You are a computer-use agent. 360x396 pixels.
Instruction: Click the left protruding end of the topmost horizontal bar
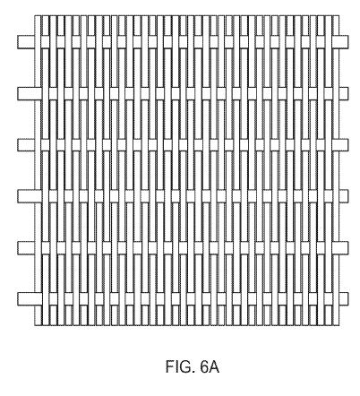pyautogui.click(x=18, y=42)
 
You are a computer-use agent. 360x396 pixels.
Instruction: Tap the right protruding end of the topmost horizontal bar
pyautogui.click(x=347, y=42)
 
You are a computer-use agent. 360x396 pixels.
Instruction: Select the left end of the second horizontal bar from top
pyautogui.click(x=18, y=93)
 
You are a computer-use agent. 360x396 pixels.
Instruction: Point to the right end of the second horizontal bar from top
pyautogui.click(x=347, y=93)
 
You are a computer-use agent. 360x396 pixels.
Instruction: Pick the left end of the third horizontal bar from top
pyautogui.click(x=18, y=145)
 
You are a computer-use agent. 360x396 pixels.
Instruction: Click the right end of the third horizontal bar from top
pyautogui.click(x=347, y=145)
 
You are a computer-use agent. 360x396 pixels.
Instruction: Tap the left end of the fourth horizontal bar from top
pyautogui.click(x=18, y=196)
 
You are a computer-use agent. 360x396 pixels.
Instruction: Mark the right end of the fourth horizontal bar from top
pyautogui.click(x=347, y=196)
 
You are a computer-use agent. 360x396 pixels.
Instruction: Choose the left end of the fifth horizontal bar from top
pyautogui.click(x=18, y=247)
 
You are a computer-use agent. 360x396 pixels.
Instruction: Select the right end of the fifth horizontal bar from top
pyautogui.click(x=347, y=247)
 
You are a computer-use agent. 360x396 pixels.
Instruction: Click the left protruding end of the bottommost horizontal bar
pyautogui.click(x=18, y=299)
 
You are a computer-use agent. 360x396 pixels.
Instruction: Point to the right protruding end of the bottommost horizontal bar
pyautogui.click(x=347, y=299)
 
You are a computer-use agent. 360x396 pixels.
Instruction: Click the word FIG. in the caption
pyautogui.click(x=178, y=366)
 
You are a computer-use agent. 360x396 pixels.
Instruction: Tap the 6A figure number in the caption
pyautogui.click(x=210, y=366)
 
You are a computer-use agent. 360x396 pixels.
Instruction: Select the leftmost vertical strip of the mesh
pyautogui.click(x=38, y=170)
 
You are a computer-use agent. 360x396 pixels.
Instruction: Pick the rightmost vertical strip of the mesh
pyautogui.click(x=336, y=170)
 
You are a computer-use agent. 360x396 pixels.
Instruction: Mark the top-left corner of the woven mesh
pyautogui.click(x=35, y=15)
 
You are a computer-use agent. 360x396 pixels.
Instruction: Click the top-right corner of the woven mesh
pyautogui.click(x=339, y=15)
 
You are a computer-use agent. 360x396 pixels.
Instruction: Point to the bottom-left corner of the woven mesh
pyautogui.click(x=35, y=325)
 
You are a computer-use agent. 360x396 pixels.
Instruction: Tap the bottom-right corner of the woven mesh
pyautogui.click(x=339, y=325)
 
